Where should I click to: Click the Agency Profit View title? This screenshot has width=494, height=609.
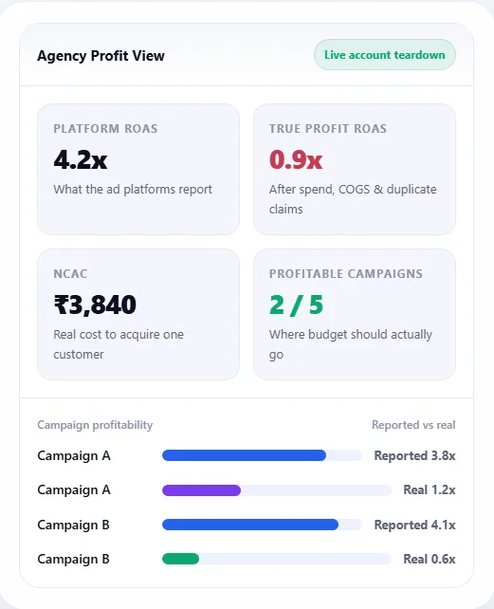[101, 56]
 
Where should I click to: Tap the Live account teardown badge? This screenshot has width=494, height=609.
[384, 55]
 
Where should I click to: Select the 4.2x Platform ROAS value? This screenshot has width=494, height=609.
[81, 159]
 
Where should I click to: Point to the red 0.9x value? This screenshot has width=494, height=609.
[296, 159]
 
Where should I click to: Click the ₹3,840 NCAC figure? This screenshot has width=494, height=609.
[95, 304]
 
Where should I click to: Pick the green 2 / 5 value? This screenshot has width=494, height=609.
[297, 304]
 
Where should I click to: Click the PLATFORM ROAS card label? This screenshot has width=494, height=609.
[105, 129]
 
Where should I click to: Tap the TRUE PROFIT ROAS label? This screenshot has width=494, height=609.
[328, 129]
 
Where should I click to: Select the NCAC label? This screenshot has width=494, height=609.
[70, 274]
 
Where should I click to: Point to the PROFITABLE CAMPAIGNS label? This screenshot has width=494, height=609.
[346, 274]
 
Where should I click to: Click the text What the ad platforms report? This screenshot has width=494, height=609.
[133, 189]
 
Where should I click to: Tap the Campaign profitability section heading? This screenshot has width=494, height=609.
[95, 425]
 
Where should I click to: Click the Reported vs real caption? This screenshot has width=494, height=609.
[413, 425]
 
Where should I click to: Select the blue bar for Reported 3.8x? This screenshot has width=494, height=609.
[244, 455]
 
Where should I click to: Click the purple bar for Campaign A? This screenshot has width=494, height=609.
[201, 490]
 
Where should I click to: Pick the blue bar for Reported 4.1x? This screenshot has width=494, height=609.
[250, 525]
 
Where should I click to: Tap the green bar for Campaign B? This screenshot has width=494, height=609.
[180, 559]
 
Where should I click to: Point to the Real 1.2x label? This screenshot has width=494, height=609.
[430, 490]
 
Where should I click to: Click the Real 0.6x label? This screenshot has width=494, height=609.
[430, 559]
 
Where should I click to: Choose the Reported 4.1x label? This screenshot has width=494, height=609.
[414, 525]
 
